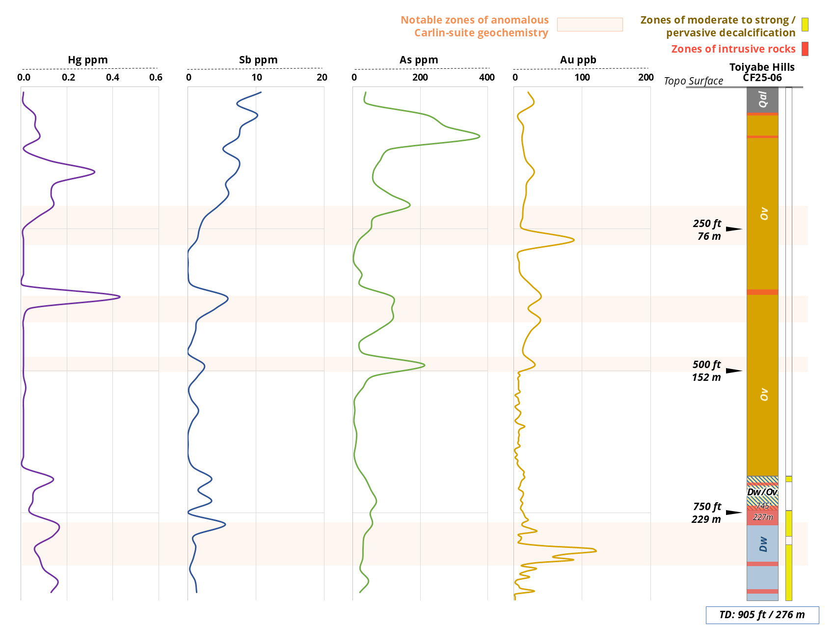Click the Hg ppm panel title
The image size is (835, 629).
click(x=88, y=60)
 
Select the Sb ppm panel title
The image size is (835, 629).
click(x=258, y=60)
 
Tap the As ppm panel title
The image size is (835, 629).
click(x=419, y=60)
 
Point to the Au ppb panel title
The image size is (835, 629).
click(x=578, y=60)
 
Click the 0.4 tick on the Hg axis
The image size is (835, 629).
click(x=113, y=77)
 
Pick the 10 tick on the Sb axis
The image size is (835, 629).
click(x=257, y=77)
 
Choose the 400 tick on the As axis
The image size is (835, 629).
click(x=487, y=77)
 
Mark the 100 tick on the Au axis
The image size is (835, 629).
click(x=582, y=77)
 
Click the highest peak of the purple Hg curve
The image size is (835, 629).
click(x=119, y=297)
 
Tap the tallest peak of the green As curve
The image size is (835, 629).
click(x=479, y=137)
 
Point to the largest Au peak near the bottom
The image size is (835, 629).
click(x=596, y=550)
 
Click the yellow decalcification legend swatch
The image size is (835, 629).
click(x=805, y=25)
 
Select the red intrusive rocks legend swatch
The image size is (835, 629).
click(x=805, y=49)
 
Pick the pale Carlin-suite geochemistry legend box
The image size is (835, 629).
click(x=590, y=25)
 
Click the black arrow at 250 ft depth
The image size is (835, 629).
click(x=734, y=229)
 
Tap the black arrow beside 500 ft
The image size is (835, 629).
click(x=734, y=371)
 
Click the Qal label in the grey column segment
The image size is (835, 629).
click(x=762, y=99)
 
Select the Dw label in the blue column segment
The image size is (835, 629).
click(x=763, y=544)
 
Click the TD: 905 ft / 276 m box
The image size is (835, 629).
click(x=762, y=615)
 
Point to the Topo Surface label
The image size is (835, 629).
click(x=693, y=81)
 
